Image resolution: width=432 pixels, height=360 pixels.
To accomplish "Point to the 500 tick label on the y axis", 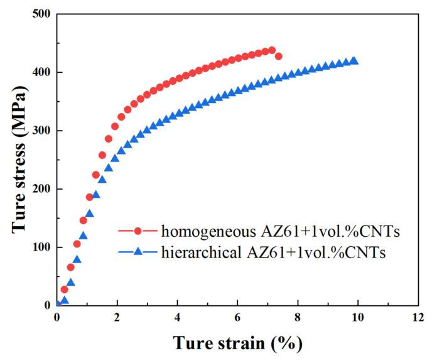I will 42,14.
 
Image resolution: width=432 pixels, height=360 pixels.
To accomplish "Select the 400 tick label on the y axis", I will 42,73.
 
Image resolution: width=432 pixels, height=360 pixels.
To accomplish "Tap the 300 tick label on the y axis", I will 42,131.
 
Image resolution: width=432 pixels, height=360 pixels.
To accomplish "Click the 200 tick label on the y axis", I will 42,189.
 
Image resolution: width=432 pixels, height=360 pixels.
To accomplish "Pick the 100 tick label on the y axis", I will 42,247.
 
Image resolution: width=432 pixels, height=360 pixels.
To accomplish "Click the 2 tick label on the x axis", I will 117,317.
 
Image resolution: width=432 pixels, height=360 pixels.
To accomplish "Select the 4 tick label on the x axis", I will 178,317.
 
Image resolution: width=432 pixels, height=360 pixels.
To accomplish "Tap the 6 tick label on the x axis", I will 237,317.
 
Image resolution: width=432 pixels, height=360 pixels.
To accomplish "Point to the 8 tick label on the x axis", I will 298,317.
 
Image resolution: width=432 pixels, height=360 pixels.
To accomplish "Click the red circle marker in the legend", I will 136,233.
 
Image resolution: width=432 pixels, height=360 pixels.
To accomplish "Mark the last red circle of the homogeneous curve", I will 279,57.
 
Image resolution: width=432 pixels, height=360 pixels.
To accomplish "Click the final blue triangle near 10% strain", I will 354,61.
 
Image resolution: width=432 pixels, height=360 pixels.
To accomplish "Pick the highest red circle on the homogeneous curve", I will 272,50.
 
